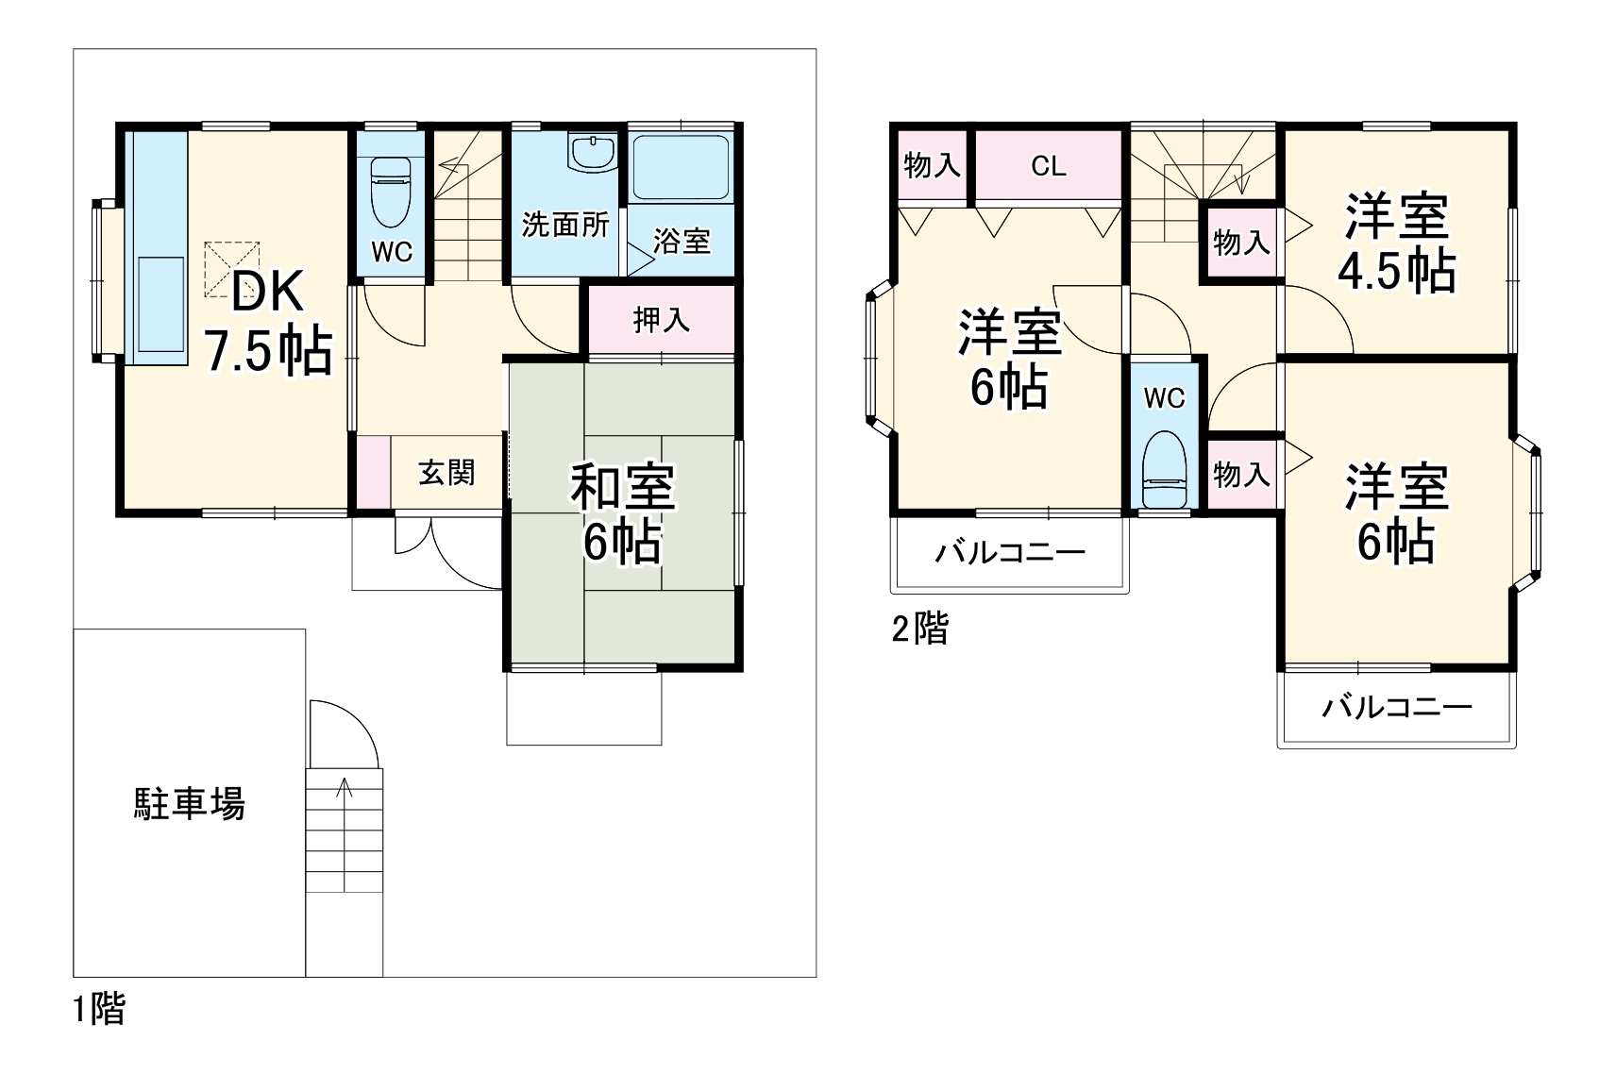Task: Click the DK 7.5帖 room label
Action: pyautogui.click(x=268, y=321)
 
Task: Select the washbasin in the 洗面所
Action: pyautogui.click(x=593, y=153)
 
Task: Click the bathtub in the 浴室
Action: pyautogui.click(x=680, y=167)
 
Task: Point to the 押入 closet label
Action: pyautogui.click(x=661, y=320)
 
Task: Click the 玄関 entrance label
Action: pyautogui.click(x=446, y=472)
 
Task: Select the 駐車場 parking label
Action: pyautogui.click(x=189, y=803)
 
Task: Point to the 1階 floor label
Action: pyautogui.click(x=99, y=1009)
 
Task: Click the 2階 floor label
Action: pyautogui.click(x=919, y=628)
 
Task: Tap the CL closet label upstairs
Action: pyautogui.click(x=1048, y=166)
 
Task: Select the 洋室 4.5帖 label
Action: pyautogui.click(x=1396, y=243)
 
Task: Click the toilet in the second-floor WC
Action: pyautogui.click(x=1163, y=471)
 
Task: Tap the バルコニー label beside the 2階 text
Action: pyautogui.click(x=1010, y=552)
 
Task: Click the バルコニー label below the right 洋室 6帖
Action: pyautogui.click(x=1396, y=707)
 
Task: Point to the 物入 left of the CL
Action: pyautogui.click(x=932, y=166)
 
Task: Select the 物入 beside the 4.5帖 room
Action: pyautogui.click(x=1240, y=243)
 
